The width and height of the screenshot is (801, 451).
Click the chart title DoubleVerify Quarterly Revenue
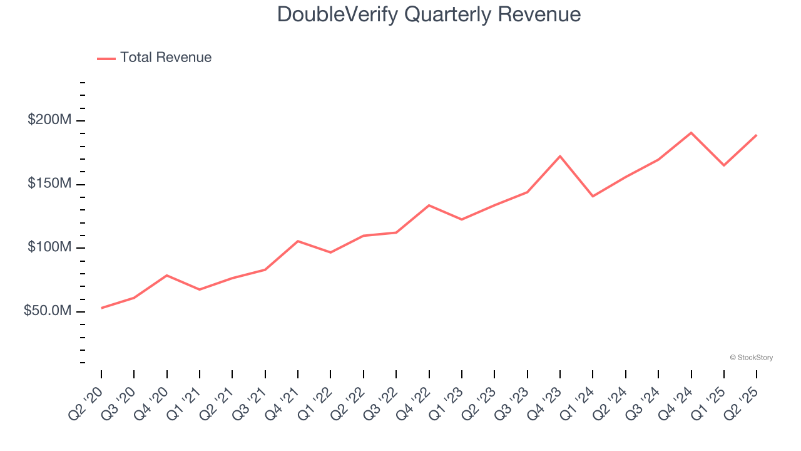coord(429,14)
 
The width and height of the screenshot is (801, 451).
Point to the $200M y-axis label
coord(49,120)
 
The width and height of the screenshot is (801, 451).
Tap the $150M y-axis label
coord(49,184)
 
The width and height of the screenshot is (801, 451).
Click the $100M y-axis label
coord(49,247)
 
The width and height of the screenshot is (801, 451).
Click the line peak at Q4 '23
coord(560,156)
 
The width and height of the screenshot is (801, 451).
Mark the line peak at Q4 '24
coord(691,133)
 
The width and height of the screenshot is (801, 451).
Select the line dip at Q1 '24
coord(593,196)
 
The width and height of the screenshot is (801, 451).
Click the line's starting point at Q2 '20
coord(101,308)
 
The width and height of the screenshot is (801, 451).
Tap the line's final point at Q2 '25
coord(756,135)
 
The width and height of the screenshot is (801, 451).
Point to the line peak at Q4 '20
coord(167,275)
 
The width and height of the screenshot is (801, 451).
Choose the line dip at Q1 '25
coord(724,165)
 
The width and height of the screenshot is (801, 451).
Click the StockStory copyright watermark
coord(751,358)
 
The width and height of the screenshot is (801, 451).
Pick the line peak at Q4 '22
coord(429,205)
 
